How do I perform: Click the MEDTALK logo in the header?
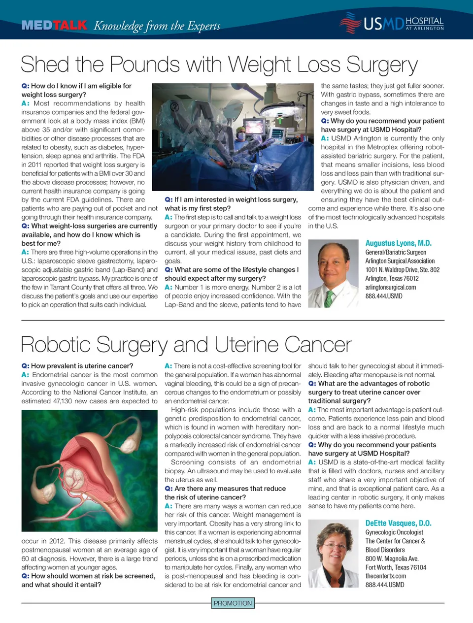[54, 25]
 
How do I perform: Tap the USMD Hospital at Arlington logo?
[392, 23]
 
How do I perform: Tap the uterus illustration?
[89, 470]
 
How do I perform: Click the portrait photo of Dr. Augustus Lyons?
[333, 273]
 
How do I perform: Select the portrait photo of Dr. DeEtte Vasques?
[333, 554]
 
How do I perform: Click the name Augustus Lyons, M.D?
[398, 243]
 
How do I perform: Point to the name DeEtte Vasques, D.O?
[398, 524]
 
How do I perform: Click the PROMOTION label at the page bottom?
[233, 603]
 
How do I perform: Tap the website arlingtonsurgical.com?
[390, 287]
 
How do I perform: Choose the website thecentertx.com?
[385, 576]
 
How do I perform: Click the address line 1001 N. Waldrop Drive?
[402, 270]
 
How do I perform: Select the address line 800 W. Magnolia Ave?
[392, 558]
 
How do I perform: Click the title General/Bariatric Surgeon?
[396, 252]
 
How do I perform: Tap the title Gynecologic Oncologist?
[394, 532]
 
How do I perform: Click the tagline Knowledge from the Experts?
[157, 26]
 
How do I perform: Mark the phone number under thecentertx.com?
[384, 585]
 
